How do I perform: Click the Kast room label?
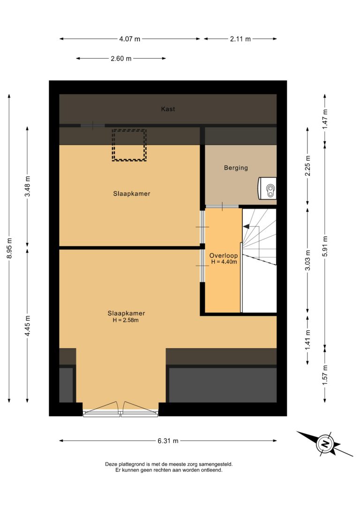pyautogui.click(x=168, y=109)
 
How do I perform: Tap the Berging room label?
pyautogui.click(x=236, y=168)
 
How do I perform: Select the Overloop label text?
pyautogui.click(x=223, y=255)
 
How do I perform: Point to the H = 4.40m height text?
pyautogui.click(x=224, y=262)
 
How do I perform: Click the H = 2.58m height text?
pyautogui.click(x=126, y=320)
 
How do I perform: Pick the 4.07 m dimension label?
pyautogui.click(x=129, y=39)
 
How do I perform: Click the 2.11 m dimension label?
pyautogui.click(x=240, y=39)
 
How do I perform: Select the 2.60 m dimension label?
pyautogui.click(x=121, y=59)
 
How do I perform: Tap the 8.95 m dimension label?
pyautogui.click(x=9, y=248)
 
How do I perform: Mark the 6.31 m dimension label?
pyautogui.click(x=168, y=441)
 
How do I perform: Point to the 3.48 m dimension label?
pyautogui.click(x=28, y=186)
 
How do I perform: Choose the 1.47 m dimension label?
pyautogui.click(x=325, y=119)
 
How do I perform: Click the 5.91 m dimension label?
pyautogui.click(x=325, y=246)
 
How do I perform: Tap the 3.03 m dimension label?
pyautogui.click(x=308, y=260)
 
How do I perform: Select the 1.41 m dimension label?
pyautogui.click(x=308, y=340)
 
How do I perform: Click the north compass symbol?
pyautogui.click(x=325, y=443)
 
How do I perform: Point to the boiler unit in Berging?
pyautogui.click(x=268, y=188)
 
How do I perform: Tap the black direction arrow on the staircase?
pyautogui.click(x=246, y=226)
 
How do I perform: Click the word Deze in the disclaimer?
pyautogui.click(x=111, y=464)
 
